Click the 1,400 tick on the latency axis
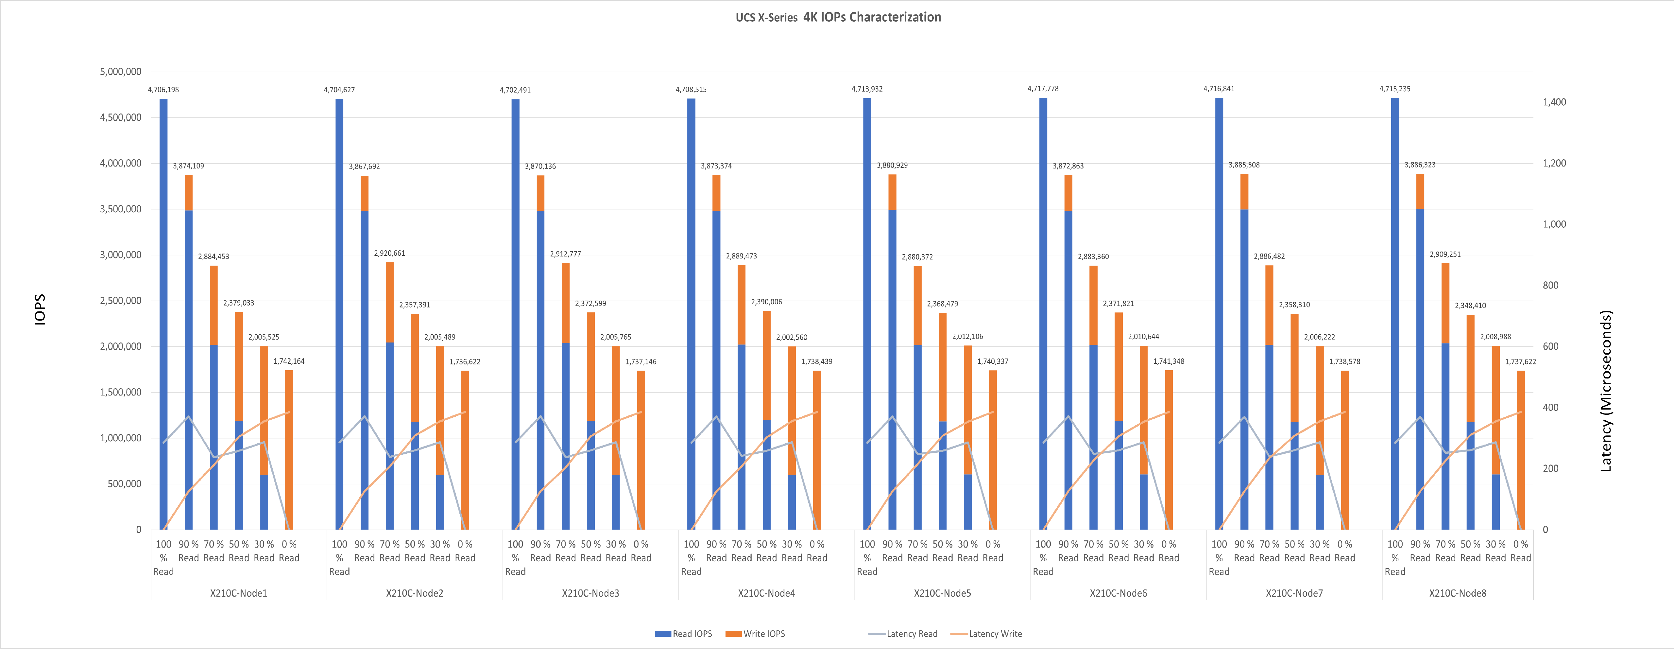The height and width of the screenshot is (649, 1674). pos(1554,102)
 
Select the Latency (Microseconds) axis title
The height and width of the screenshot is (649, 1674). pos(1606,390)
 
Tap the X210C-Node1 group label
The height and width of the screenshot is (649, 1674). pos(238,593)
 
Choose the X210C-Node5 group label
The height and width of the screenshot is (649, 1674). pos(942,593)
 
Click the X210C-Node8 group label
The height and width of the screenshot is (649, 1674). pos(1458,593)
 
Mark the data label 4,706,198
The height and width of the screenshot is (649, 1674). pos(163,90)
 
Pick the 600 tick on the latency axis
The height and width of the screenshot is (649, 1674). pos(1550,347)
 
